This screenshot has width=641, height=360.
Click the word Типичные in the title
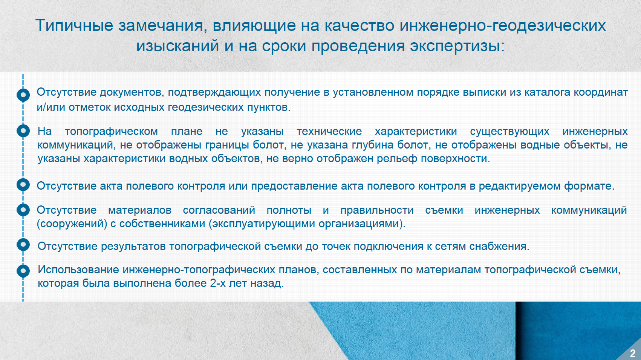coord(74,25)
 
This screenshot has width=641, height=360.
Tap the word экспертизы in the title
coord(457,46)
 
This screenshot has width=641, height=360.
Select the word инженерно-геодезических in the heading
coord(503,25)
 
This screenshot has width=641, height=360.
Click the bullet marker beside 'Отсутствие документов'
coord(23,95)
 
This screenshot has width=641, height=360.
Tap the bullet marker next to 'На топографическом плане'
coord(23,131)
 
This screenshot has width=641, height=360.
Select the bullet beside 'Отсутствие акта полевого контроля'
coord(23,185)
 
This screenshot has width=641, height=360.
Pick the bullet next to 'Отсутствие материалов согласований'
coord(23,210)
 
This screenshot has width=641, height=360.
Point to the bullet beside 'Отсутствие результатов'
coord(23,245)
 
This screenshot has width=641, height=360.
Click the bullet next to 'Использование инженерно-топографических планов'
coord(23,271)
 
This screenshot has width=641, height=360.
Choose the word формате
coord(589,186)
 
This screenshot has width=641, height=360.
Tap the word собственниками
coord(162,224)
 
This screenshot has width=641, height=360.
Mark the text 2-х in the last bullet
coord(218,283)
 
